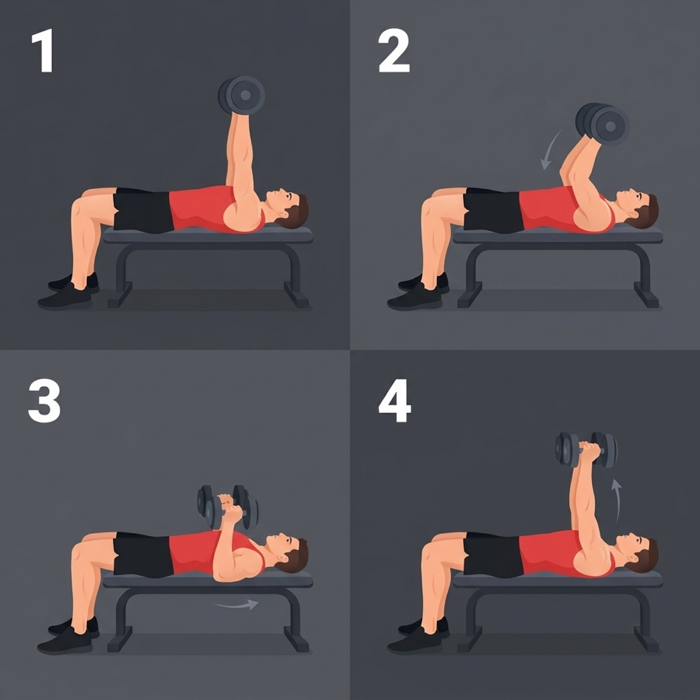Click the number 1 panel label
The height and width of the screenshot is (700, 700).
point(43,51)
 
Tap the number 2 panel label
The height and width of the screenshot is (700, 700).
point(394,51)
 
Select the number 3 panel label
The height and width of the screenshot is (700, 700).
point(44,401)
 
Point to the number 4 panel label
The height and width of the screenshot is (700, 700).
point(394,401)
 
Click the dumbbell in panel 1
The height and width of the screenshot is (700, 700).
point(242,96)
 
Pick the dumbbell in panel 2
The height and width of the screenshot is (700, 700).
point(602,124)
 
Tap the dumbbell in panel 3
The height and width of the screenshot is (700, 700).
point(228,506)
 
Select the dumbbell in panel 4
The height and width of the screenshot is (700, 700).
point(586,450)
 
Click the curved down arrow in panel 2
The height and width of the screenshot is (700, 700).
point(550,150)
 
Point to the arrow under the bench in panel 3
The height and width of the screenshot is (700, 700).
point(236,605)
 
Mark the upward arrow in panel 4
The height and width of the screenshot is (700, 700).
point(617,500)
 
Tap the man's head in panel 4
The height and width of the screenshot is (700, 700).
point(638,553)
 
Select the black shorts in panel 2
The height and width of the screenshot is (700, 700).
point(493,210)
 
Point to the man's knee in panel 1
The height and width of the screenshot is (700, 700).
point(80,208)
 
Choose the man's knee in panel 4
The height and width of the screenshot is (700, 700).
point(431,553)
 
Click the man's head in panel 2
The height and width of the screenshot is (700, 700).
point(638,208)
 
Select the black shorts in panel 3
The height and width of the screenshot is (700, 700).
point(143,554)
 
